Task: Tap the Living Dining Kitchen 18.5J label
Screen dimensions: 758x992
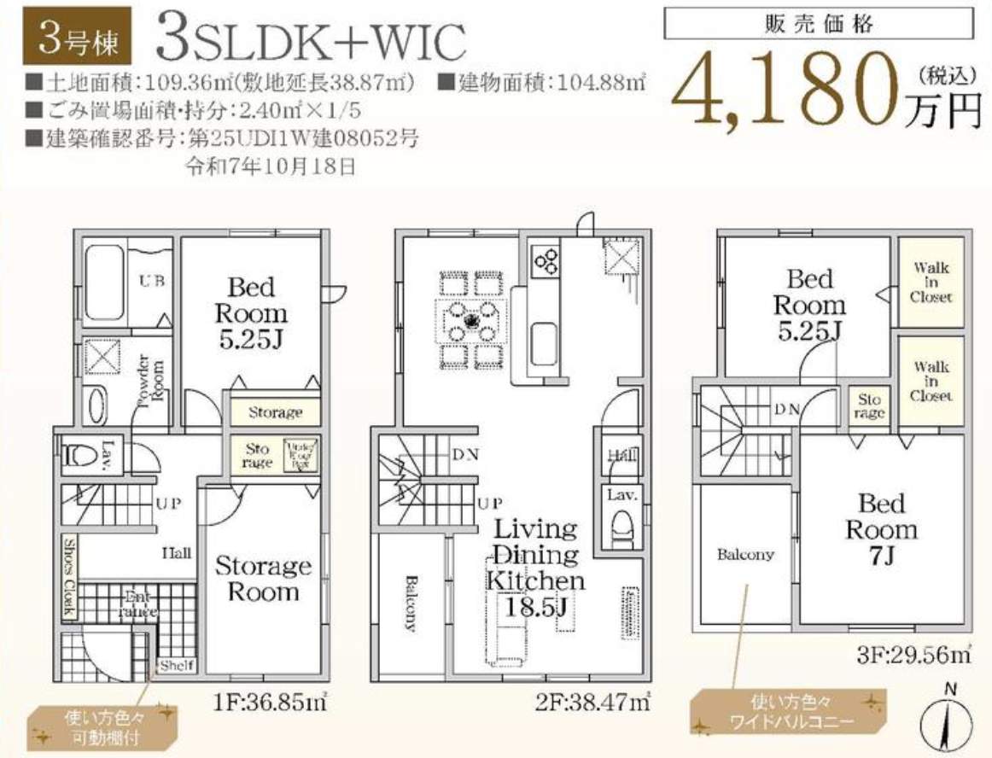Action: (x=536, y=568)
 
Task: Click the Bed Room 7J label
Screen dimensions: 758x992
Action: (x=881, y=529)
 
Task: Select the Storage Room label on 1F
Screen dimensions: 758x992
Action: (x=263, y=578)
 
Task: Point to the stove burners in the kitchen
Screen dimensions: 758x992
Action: (x=545, y=257)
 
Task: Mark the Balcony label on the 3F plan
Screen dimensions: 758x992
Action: (x=745, y=554)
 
